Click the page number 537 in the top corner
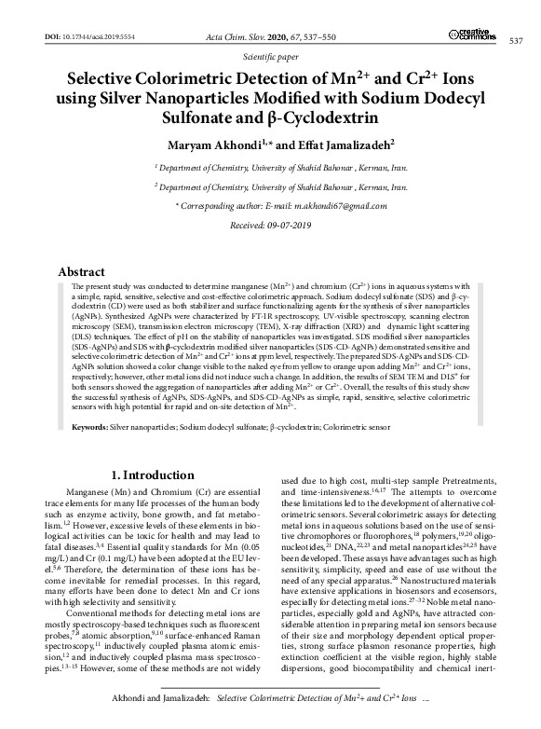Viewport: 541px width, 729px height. (x=516, y=40)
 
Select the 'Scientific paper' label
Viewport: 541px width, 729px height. (x=270, y=56)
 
